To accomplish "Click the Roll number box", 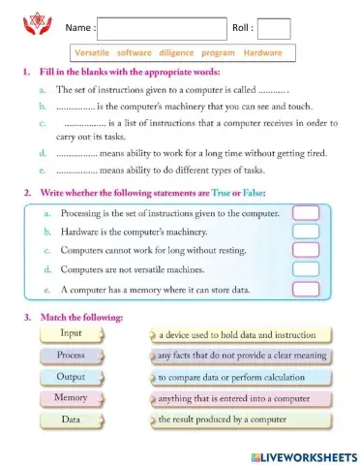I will (x=274, y=30).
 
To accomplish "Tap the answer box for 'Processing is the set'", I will (x=306, y=213).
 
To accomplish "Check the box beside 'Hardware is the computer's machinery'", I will (x=306, y=232).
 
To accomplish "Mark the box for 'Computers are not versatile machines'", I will (x=306, y=270).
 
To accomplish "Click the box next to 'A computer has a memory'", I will (x=306, y=289).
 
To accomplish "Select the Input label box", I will (x=71, y=333).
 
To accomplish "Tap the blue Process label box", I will (x=71, y=355).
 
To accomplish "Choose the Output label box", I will (x=71, y=376).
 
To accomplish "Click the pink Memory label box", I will (x=71, y=397).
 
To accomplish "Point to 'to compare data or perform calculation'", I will (x=228, y=377).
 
